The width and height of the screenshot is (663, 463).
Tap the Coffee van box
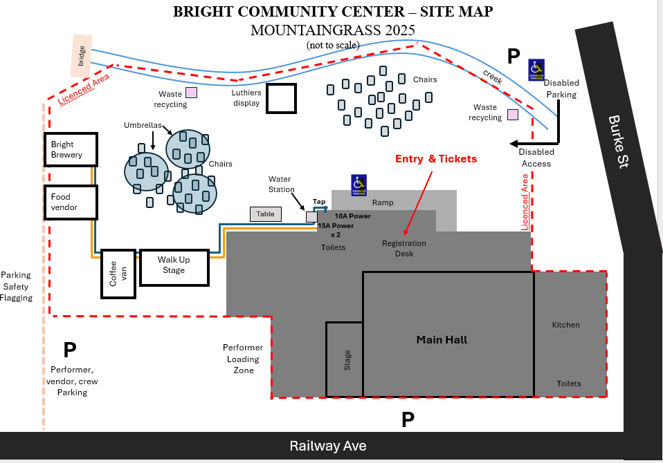coord(118,274)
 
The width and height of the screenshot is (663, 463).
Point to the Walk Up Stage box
coord(174,267)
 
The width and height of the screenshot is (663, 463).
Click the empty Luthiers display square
coord(282,98)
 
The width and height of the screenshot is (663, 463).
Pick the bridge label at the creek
coord(82,55)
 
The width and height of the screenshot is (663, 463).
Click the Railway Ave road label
coord(327,446)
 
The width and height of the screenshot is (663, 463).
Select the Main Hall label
coord(442,339)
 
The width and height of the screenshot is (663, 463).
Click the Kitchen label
coord(565,325)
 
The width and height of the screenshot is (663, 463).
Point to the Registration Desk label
coord(404,249)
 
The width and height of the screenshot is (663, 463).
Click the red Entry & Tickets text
coord(436,159)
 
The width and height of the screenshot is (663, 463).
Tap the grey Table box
coord(266,214)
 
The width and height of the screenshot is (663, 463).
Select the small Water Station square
coord(311,217)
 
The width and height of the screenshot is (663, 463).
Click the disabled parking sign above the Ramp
coord(358,185)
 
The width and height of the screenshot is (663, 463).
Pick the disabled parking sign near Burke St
coord(536,68)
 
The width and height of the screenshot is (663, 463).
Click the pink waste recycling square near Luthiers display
coord(191,92)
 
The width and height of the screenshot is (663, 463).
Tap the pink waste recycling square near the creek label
coord(513,115)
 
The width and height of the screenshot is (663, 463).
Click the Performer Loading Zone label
coord(243,359)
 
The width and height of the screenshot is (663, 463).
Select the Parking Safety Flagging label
coord(17,286)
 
